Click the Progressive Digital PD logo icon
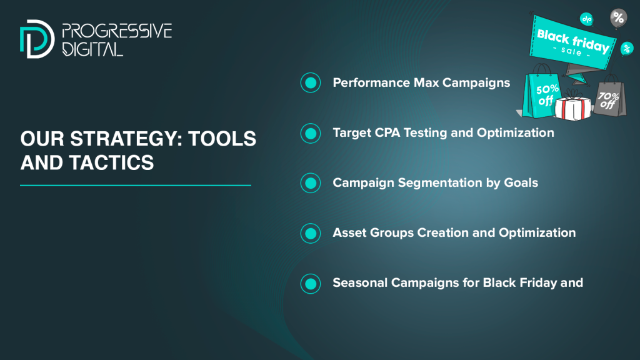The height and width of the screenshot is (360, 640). (x=37, y=39)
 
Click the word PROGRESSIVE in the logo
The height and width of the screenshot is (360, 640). (x=117, y=31)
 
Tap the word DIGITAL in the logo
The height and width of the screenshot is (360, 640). (x=92, y=49)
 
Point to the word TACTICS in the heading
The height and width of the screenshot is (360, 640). (x=111, y=162)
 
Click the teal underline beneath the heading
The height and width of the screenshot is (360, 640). (x=136, y=185)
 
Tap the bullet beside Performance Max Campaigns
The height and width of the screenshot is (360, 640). (x=311, y=83)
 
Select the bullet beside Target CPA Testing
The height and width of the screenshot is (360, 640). (x=311, y=133)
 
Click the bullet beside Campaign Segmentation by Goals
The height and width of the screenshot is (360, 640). (x=311, y=183)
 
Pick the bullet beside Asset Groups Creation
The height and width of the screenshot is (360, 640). (x=311, y=233)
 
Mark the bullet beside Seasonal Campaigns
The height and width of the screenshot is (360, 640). (x=311, y=283)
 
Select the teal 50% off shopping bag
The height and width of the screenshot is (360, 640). (x=541, y=93)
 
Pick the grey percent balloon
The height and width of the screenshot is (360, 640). (x=618, y=18)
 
